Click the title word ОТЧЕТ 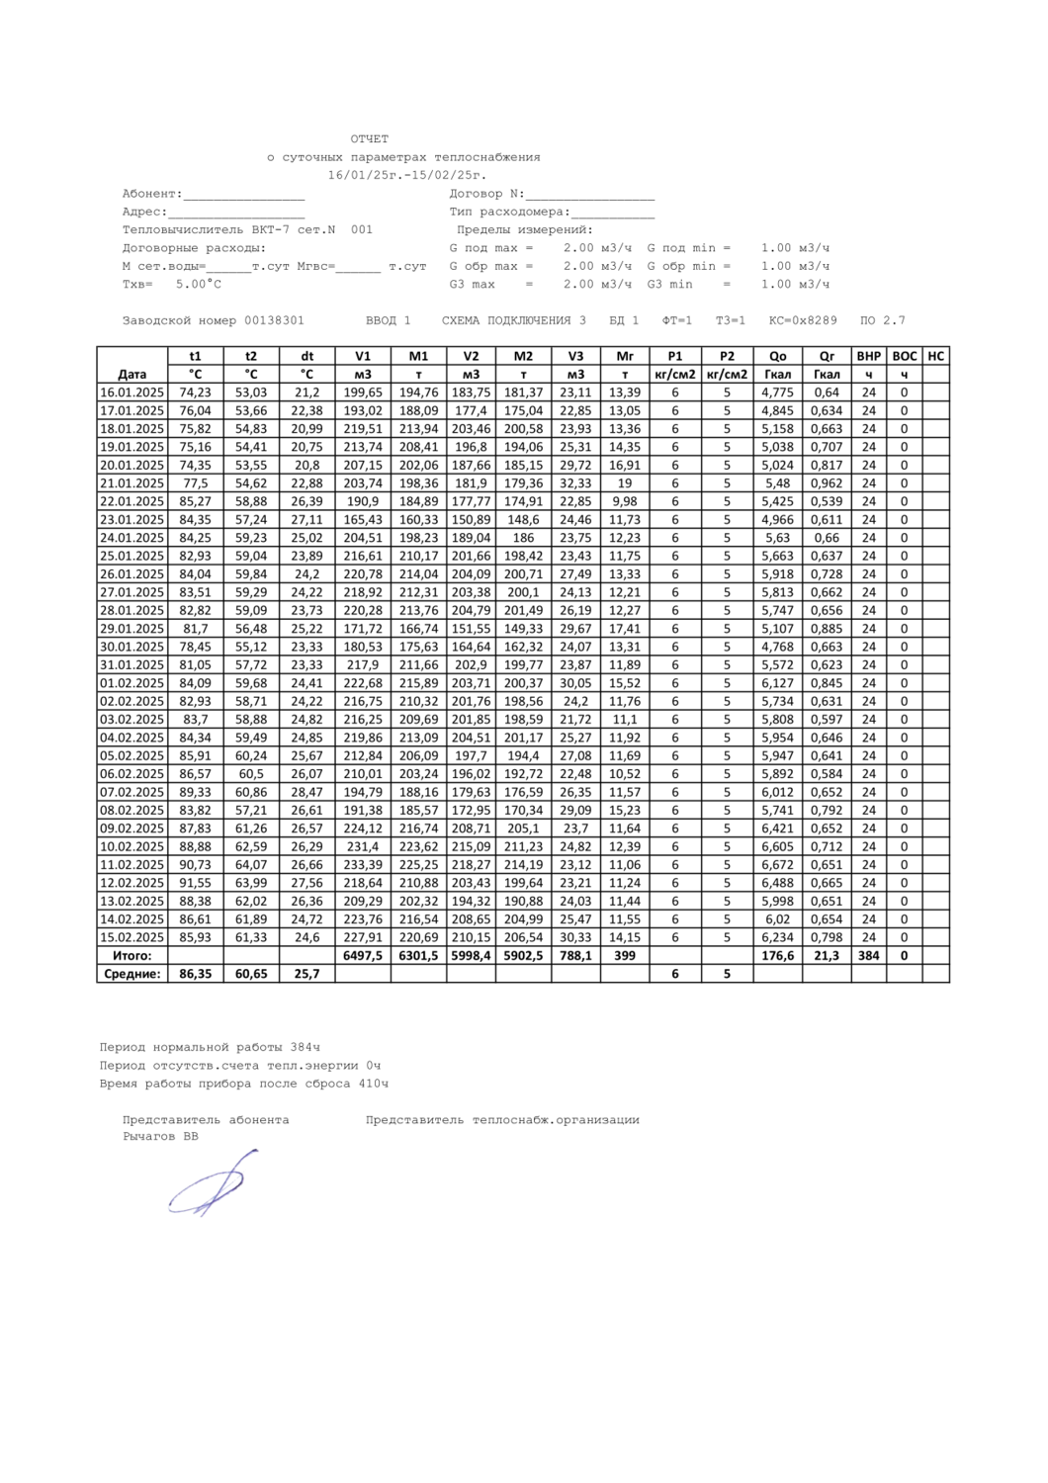tap(370, 139)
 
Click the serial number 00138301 tap(274, 320)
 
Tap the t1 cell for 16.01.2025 tap(196, 393)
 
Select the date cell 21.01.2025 tap(131, 483)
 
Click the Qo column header tap(778, 356)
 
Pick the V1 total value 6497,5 tap(363, 956)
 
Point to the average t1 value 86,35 tap(196, 974)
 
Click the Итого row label tap(131, 956)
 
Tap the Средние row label tap(131, 974)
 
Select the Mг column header tap(625, 356)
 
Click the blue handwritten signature tap(212, 1183)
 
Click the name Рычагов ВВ tap(160, 1137)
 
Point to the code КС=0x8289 tap(803, 320)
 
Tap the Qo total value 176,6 tap(778, 956)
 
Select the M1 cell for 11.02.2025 tap(418, 865)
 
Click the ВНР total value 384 tap(869, 956)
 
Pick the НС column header tap(935, 356)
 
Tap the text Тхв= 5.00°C tap(172, 285)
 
